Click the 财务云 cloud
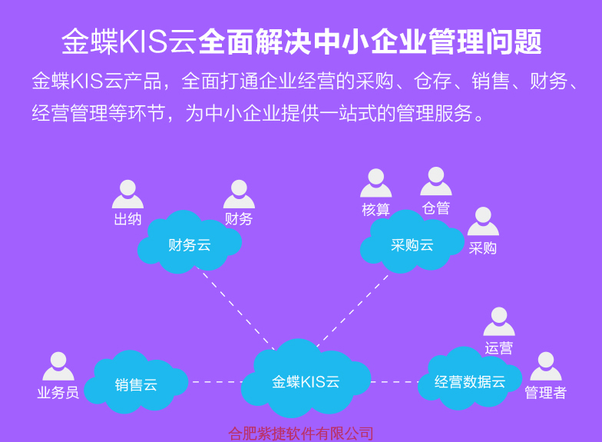pyautogui.click(x=189, y=245)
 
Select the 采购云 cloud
pyautogui.click(x=412, y=245)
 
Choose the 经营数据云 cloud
pyautogui.click(x=469, y=381)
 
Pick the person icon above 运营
pyautogui.click(x=499, y=321)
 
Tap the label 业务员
pyautogui.click(x=58, y=393)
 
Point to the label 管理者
pyautogui.click(x=546, y=393)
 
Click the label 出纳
pyautogui.click(x=127, y=219)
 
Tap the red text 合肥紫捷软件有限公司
pyautogui.click(x=301, y=434)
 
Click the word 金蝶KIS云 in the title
pyautogui.click(x=129, y=42)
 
